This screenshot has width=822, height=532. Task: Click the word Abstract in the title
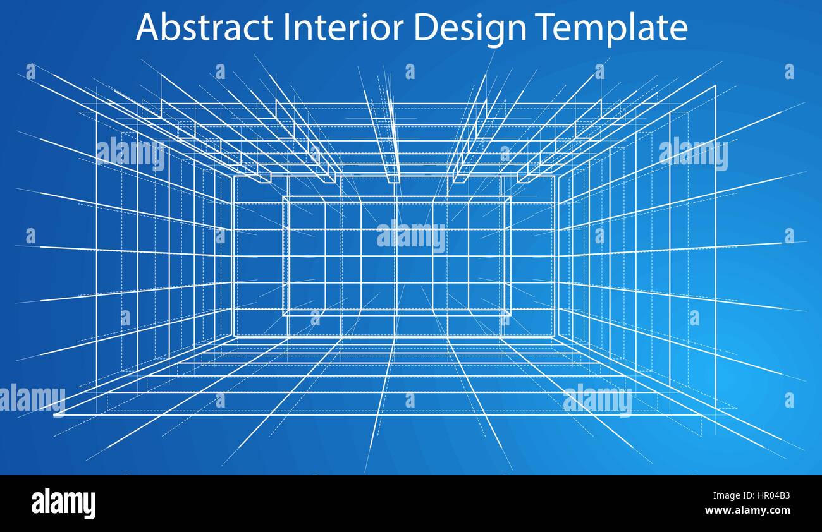tap(204, 28)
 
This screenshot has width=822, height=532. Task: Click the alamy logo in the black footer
tap(63, 504)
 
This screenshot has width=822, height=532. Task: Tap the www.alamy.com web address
tap(747, 511)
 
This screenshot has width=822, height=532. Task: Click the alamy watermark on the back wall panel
tap(411, 236)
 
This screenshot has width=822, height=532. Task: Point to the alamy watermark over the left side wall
tap(131, 154)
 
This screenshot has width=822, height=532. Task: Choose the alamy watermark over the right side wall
tap(693, 154)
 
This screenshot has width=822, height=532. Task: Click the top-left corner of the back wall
tap(234, 176)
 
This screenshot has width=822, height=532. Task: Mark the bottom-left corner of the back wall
tap(234, 336)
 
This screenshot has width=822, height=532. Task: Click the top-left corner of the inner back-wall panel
tap(283, 197)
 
